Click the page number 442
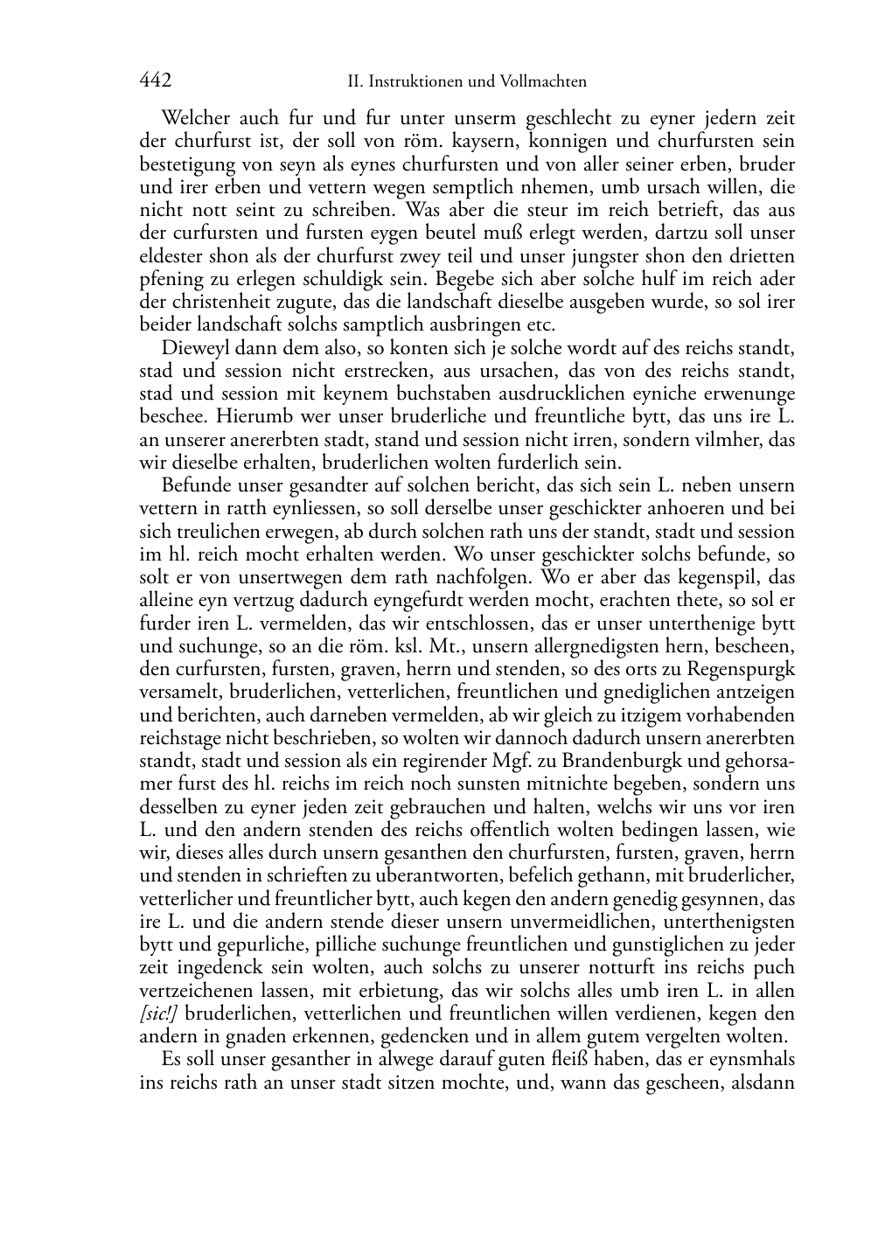point(155,80)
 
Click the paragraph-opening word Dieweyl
point(194,348)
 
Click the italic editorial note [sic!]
point(160,1014)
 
